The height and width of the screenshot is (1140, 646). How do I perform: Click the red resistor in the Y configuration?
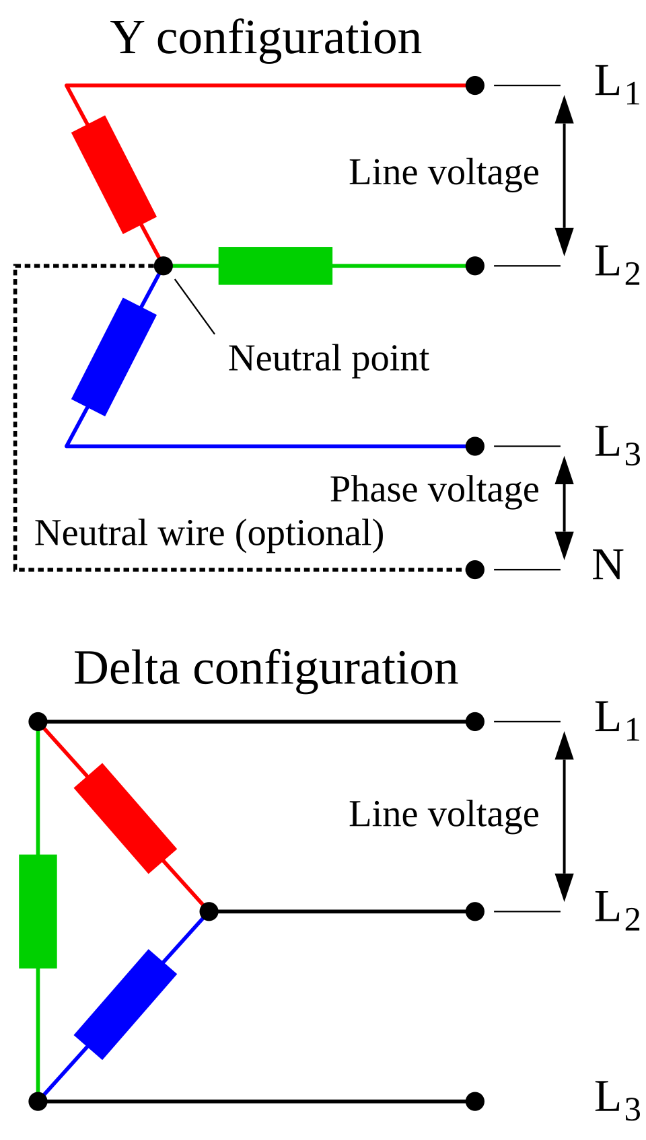coord(114,175)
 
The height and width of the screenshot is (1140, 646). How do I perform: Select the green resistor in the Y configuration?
coord(275,266)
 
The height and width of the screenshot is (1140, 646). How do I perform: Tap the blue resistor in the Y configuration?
coord(114,356)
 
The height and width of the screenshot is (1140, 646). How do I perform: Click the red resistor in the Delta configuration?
coord(125,819)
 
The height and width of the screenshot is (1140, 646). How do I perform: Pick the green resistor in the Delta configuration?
coord(38,911)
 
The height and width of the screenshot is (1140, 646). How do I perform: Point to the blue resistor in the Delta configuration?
coord(125,1004)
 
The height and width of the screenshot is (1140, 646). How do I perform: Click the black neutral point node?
coord(164,266)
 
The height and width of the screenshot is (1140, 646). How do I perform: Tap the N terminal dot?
coord(475,570)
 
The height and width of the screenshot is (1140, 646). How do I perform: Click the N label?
coord(608,564)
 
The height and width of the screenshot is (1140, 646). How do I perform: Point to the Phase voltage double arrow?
coord(564,508)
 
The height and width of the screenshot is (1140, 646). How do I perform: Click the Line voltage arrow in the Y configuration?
coord(564,176)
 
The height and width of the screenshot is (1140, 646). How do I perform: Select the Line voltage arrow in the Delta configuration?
coord(564,816)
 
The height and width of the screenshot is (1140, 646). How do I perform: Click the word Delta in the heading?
coord(127,669)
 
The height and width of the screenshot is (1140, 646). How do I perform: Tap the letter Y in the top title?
coord(126,38)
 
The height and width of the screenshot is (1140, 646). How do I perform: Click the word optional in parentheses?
coord(310,533)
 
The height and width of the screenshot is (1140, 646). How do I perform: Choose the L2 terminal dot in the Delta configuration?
coord(475,911)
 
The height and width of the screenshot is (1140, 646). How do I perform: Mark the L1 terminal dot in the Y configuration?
coord(475,85)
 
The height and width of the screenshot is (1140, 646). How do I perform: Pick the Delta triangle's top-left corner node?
coord(38,722)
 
